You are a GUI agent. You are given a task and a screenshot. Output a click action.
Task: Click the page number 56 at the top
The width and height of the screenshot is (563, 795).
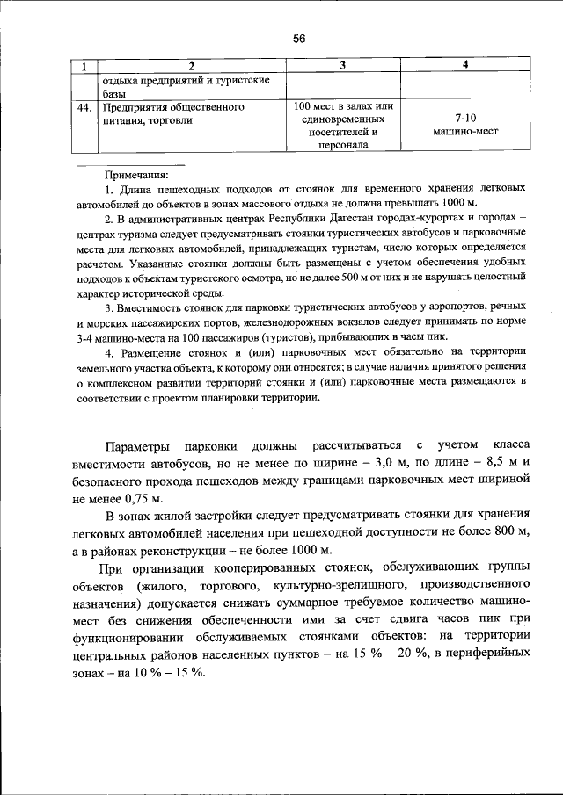click(298, 39)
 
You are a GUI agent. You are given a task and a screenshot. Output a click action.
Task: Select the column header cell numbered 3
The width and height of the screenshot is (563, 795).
click(342, 66)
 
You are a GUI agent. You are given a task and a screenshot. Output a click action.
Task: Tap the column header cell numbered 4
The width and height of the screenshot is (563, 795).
click(465, 66)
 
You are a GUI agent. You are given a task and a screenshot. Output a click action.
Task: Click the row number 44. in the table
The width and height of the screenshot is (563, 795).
click(85, 107)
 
